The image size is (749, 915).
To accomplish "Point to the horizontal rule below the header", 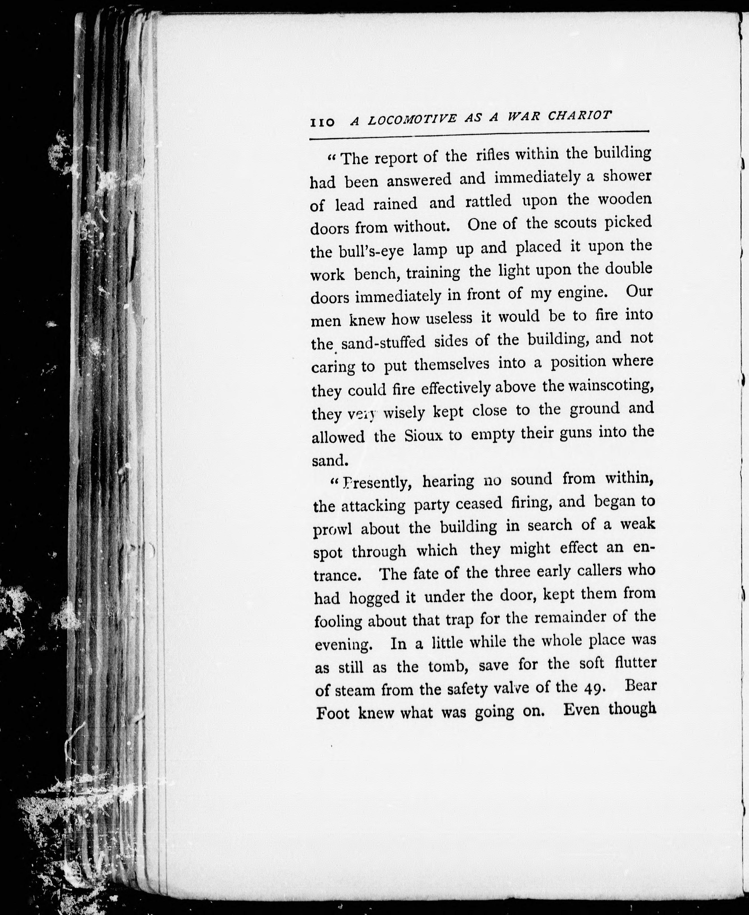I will point(479,135).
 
